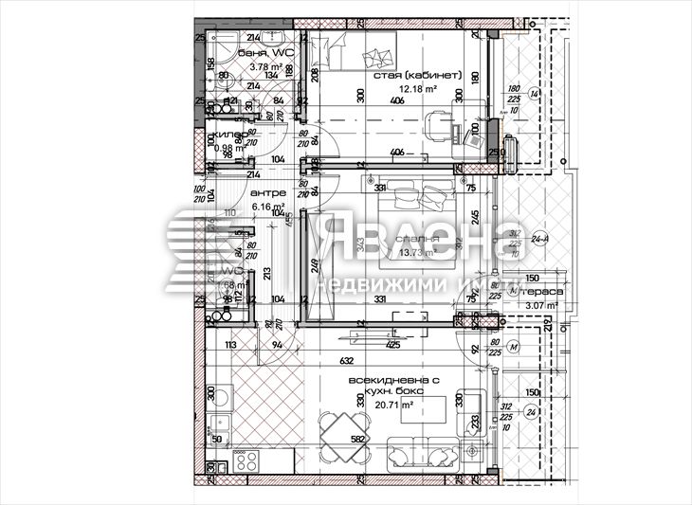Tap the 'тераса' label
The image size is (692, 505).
click(547, 293)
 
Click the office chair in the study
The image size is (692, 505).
click(437, 122)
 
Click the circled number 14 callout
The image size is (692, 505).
click(535, 94)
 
